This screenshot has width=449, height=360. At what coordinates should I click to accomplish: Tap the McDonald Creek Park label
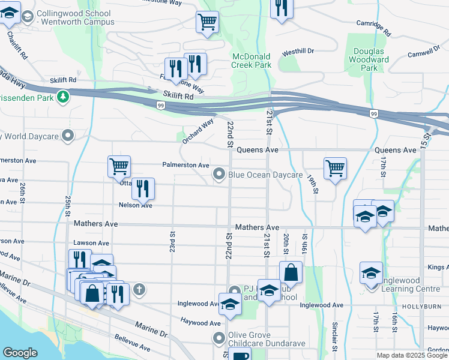252,61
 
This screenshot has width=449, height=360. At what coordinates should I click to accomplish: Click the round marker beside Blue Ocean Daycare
219,175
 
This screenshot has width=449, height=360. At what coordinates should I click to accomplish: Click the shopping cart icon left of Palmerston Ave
119,167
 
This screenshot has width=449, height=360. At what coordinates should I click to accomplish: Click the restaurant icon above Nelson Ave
143,188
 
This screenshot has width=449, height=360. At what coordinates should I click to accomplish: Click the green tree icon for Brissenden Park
63,96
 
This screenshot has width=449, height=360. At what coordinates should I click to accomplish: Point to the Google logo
20,353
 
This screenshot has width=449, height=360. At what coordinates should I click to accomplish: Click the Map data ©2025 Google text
412,355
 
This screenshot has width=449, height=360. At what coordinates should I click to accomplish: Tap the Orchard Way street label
199,131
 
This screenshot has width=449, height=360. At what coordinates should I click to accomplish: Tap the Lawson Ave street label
91,243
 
